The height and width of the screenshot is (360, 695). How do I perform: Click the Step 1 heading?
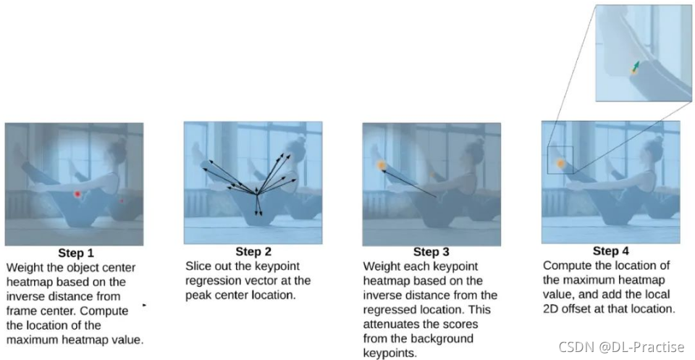coord(76,254)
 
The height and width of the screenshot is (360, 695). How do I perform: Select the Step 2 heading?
coord(253,252)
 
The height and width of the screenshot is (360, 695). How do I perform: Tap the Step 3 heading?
coord(431,252)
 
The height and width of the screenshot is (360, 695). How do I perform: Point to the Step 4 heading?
coord(611,251)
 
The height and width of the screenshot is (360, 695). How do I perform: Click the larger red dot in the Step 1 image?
coord(77,193)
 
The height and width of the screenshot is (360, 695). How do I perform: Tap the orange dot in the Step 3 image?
coord(382,166)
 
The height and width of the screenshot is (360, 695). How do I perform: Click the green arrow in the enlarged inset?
coord(636,66)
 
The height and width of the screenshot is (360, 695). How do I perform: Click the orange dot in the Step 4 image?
coord(560,164)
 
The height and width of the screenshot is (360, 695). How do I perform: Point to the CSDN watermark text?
coord(621,346)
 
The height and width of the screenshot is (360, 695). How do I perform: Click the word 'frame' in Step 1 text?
coord(21,310)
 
